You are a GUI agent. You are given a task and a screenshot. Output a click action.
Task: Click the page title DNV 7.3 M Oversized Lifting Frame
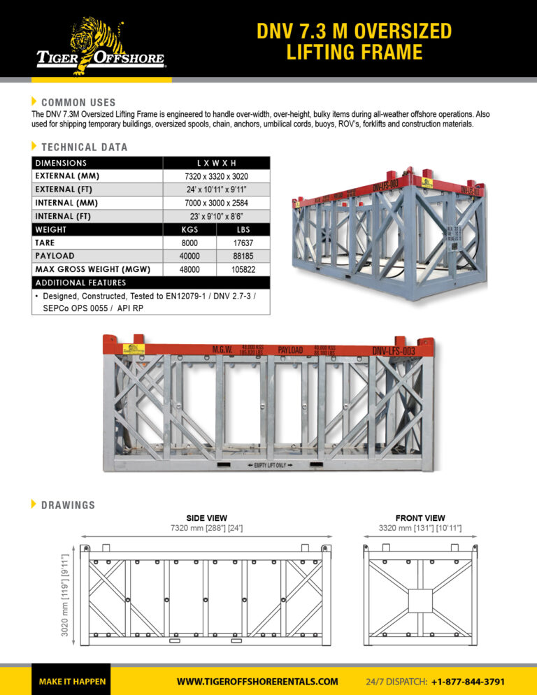click(354, 42)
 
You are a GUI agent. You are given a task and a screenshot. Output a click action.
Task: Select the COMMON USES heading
click(78, 102)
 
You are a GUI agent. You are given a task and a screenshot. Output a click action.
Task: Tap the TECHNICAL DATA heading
click(84, 147)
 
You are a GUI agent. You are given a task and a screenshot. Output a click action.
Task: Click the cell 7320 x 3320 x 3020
click(216, 176)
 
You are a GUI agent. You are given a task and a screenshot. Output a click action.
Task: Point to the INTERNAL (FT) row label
click(64, 216)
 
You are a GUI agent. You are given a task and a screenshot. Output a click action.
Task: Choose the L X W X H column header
click(216, 163)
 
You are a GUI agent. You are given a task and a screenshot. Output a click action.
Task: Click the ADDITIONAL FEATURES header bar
click(150, 282)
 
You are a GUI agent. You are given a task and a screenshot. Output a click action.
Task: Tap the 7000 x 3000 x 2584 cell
click(216, 203)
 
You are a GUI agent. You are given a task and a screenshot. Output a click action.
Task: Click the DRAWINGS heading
click(68, 504)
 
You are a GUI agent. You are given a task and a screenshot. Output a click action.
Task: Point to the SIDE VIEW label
click(206, 517)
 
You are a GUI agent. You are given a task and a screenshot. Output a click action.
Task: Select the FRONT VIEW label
click(420, 517)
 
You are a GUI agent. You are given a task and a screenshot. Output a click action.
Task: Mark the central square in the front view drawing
click(420, 599)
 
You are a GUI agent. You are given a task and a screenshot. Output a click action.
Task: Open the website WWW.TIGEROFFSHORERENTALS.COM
click(257, 681)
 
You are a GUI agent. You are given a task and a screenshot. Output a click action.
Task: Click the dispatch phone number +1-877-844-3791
click(468, 681)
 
